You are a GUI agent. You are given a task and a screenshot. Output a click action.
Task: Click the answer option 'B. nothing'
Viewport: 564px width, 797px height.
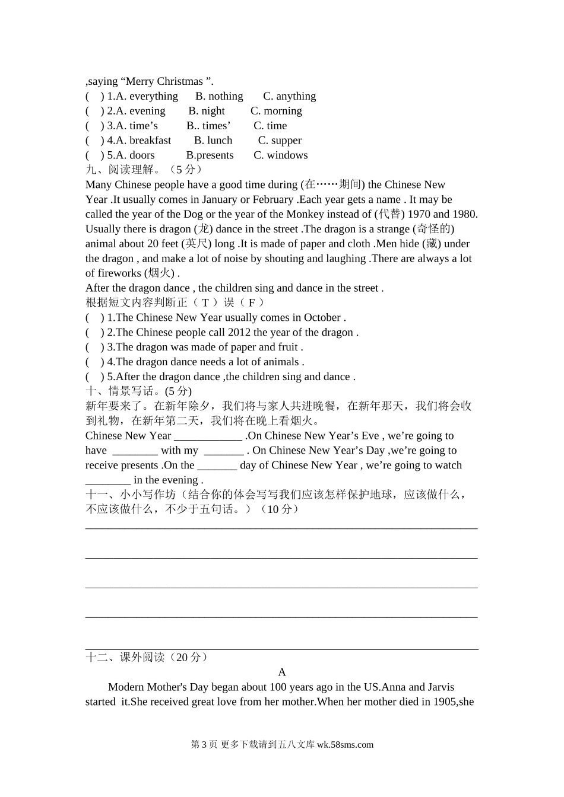[x=219, y=96]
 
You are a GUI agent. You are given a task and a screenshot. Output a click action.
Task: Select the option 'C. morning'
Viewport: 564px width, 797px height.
[x=276, y=111]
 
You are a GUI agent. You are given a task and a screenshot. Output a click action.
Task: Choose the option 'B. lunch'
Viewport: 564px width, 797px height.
[x=213, y=141]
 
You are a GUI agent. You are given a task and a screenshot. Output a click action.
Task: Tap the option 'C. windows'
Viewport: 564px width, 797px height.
[x=280, y=155]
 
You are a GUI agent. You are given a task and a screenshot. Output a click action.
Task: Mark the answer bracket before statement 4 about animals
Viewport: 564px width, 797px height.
[x=94, y=362]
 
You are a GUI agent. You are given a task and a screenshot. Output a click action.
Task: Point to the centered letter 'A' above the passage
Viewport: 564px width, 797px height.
[x=282, y=672]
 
